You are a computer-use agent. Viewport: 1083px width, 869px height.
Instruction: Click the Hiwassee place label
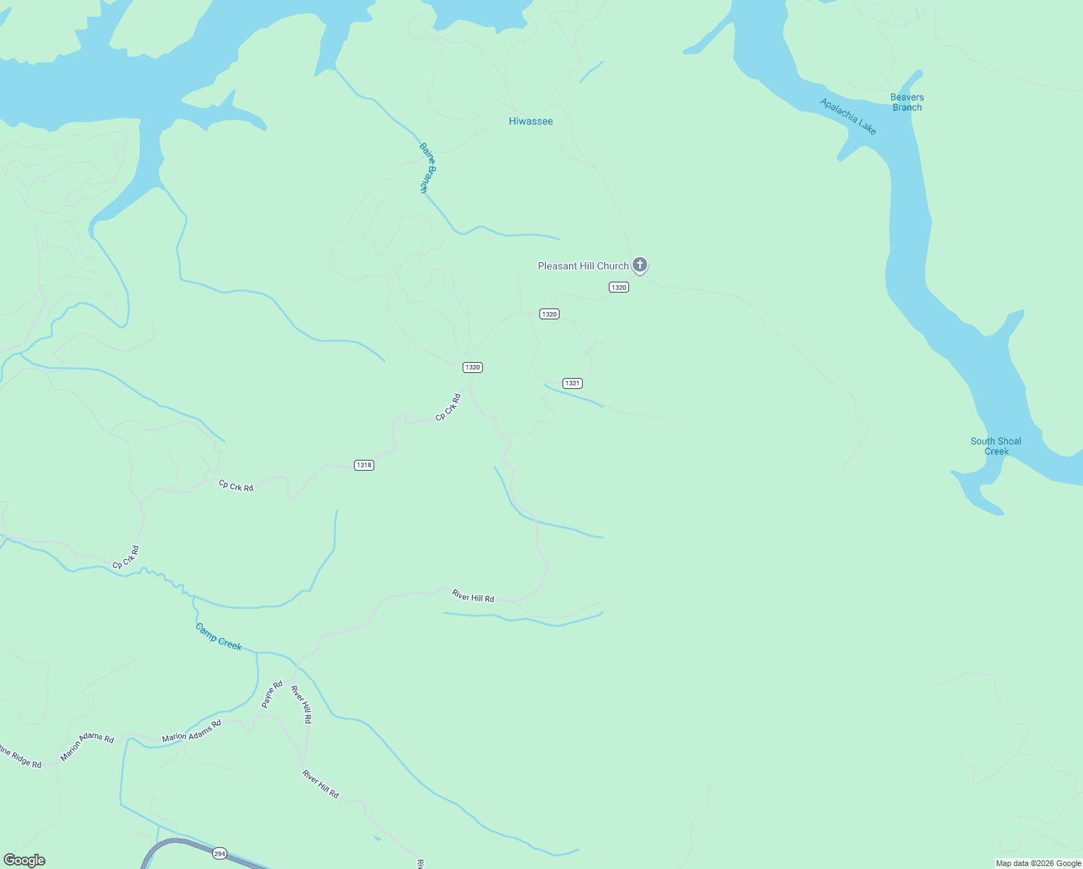point(531,121)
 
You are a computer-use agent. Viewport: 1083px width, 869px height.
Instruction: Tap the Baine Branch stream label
point(428,167)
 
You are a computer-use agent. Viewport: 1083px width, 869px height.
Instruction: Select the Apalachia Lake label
point(848,116)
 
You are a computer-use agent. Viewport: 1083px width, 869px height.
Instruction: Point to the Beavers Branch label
point(907,102)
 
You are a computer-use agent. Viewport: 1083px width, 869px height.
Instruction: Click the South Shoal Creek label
point(996,446)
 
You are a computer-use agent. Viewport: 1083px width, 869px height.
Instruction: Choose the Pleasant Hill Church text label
point(583,266)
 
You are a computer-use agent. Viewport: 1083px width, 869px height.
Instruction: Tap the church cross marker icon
point(640,265)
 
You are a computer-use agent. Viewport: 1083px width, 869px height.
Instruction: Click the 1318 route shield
point(364,465)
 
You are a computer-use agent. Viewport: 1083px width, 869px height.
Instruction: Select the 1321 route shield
point(573,383)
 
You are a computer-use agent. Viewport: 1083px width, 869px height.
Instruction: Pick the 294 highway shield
point(220,854)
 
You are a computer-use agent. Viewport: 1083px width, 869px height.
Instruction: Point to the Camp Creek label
point(219,637)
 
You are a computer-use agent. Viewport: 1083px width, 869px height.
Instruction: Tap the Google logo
point(25,860)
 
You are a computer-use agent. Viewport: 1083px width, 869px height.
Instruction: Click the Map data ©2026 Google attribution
point(1038,863)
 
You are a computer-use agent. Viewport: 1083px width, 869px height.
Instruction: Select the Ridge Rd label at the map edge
point(20,757)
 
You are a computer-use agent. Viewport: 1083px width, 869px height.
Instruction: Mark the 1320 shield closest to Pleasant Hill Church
point(618,287)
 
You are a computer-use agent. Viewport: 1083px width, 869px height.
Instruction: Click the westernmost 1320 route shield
point(473,367)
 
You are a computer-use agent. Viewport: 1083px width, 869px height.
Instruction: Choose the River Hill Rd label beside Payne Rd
point(301,704)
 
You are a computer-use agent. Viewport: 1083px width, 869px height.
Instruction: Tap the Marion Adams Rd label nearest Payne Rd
point(191,732)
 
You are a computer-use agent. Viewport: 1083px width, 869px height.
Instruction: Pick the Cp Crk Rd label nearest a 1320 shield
point(448,408)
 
